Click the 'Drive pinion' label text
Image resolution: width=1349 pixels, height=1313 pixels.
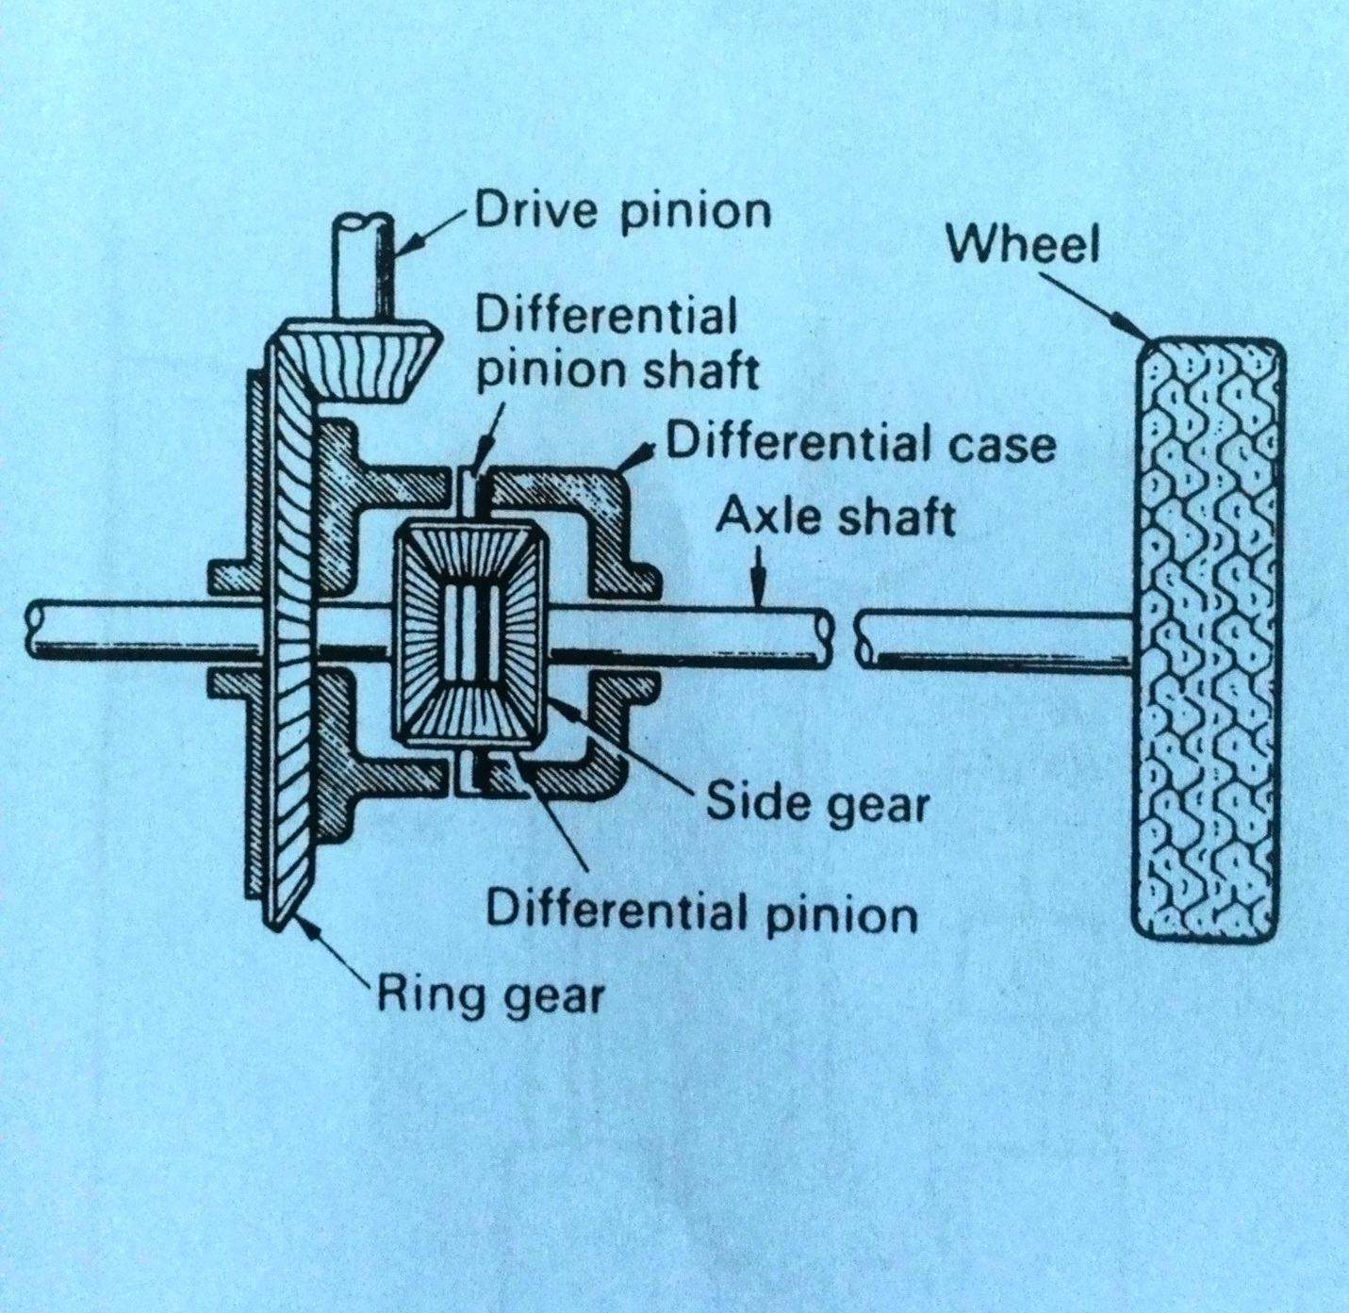622,212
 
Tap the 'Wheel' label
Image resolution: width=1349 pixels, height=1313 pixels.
1023,246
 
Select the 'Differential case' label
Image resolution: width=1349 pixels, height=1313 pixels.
861,443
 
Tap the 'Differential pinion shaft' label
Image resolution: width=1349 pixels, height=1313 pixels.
617,344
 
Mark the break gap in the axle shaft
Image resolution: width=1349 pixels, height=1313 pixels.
845,638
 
